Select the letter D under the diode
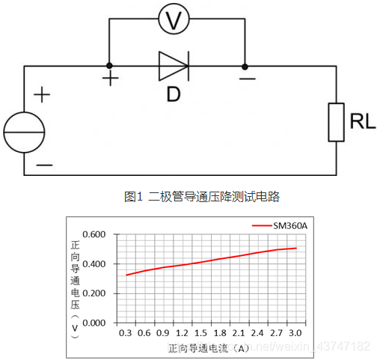click(x=174, y=94)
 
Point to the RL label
click(x=363, y=121)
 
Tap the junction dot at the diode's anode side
click(x=109, y=66)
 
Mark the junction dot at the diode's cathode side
click(x=245, y=67)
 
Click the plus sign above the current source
click(x=42, y=94)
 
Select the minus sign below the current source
click(x=44, y=165)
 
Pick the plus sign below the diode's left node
click(x=111, y=79)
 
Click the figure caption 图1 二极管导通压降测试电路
click(x=202, y=197)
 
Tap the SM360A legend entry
click(x=280, y=226)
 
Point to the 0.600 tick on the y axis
click(x=94, y=234)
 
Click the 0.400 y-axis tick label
click(x=94, y=263)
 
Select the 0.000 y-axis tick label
click(x=94, y=323)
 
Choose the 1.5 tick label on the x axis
click(x=200, y=333)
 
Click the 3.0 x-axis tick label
click(x=295, y=333)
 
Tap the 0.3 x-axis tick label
click(x=125, y=333)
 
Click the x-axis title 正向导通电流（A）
click(x=209, y=348)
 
